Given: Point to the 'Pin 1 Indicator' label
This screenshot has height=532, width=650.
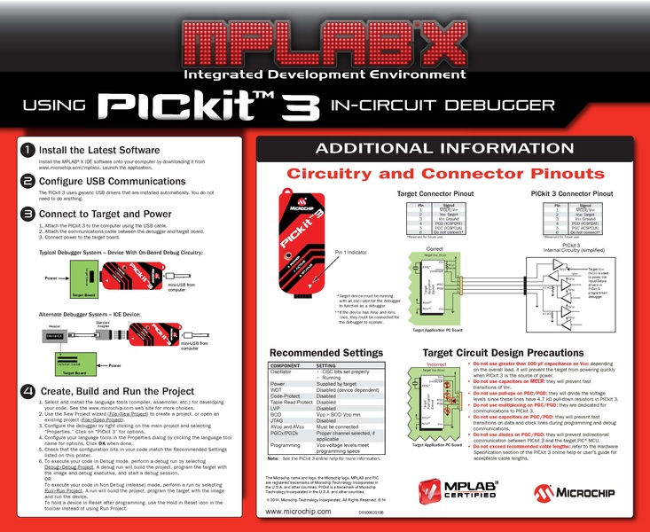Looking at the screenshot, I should click(351, 253).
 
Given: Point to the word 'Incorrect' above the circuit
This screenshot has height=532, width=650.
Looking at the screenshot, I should click(435, 363).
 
